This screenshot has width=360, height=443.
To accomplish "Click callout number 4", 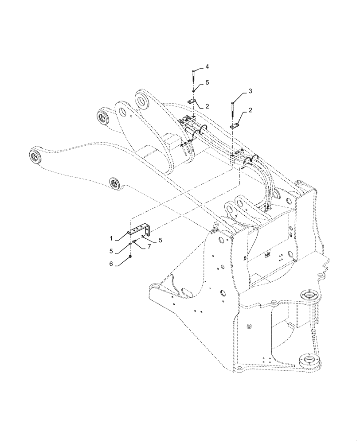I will pos(207,66).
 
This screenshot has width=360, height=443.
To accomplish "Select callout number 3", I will pos(250,91).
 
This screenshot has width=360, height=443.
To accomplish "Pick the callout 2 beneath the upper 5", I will pos(207,106).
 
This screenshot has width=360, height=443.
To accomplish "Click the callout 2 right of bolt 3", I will pos(250,110).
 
